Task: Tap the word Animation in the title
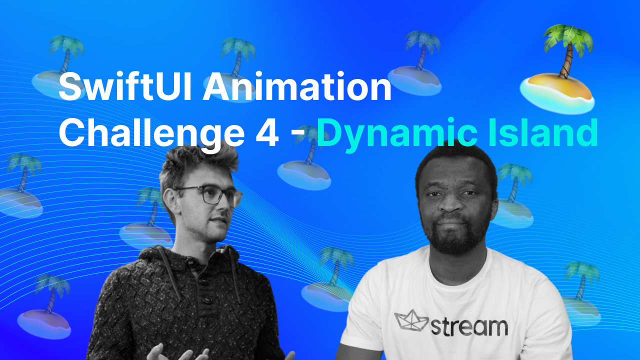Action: [x=297, y=85]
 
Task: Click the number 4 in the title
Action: [x=267, y=132]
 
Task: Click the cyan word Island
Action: [x=543, y=132]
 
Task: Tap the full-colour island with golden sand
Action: [x=557, y=93]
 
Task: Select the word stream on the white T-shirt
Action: [x=469, y=326]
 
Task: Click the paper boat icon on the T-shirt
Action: [x=411, y=320]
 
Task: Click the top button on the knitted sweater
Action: [x=191, y=263]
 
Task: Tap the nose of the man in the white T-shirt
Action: [x=451, y=204]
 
